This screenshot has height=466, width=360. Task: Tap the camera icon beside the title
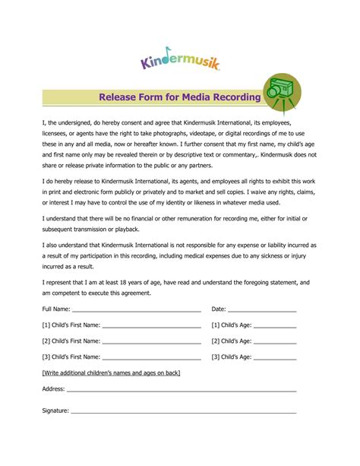click(281, 94)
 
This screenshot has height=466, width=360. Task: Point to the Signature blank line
click(182, 412)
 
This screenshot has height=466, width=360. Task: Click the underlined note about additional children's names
click(111, 372)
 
